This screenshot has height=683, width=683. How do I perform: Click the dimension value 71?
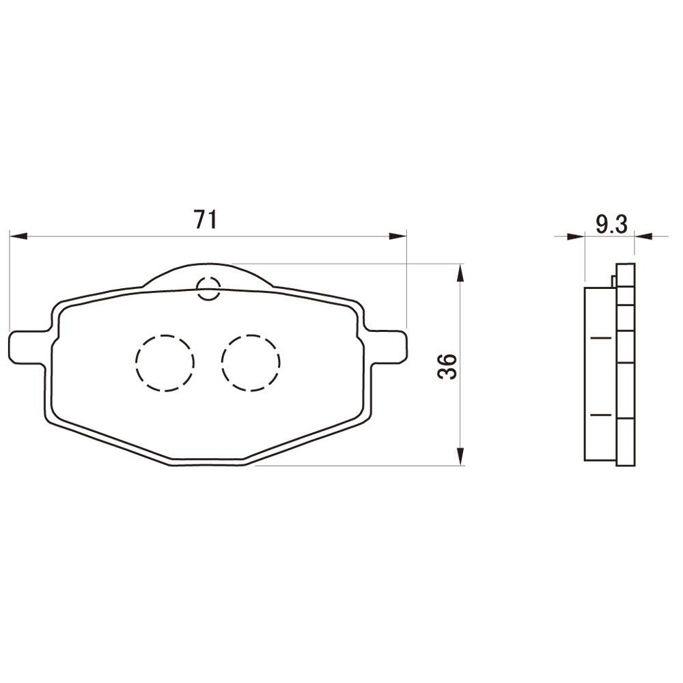[205, 219]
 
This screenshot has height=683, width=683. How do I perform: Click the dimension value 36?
[448, 366]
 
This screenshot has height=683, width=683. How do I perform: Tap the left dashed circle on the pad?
[165, 363]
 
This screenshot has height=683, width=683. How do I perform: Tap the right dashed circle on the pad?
[251, 363]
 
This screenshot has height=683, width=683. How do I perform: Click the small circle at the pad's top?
[208, 288]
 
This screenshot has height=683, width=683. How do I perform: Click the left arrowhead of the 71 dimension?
[18, 236]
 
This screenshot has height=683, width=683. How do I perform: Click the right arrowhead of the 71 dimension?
[398, 236]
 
